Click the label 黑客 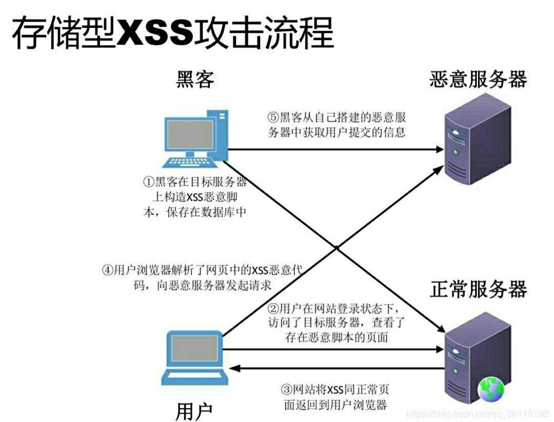pyautogui.click(x=195, y=80)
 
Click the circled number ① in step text pyautogui.click(x=148, y=182)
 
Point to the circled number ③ pyautogui.click(x=287, y=388)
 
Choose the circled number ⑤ pyautogui.click(x=273, y=117)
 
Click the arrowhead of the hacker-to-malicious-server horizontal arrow pyautogui.click(x=439, y=149)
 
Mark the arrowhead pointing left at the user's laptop pyautogui.click(x=234, y=368)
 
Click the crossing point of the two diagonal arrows pyautogui.click(x=337, y=247)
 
